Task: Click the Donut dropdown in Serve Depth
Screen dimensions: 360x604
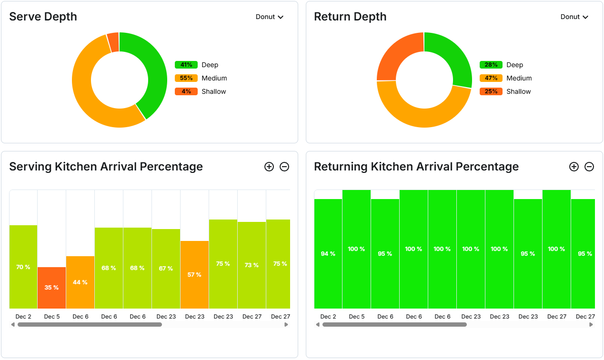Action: (270, 17)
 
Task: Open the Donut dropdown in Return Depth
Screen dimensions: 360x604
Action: (574, 17)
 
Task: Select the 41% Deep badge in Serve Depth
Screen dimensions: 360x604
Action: (186, 65)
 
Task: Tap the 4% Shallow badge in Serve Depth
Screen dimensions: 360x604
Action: (186, 91)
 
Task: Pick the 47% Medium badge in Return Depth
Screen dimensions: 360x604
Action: (491, 78)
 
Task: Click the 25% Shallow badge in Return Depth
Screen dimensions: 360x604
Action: (491, 91)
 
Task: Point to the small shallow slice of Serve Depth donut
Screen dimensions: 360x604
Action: (113, 42)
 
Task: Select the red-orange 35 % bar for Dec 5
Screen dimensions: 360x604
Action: (51, 288)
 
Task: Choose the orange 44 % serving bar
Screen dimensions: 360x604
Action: (80, 282)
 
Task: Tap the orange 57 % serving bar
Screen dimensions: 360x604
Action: (194, 274)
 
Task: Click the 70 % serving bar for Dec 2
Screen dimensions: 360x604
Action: (23, 267)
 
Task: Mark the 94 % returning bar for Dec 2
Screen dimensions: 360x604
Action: (328, 253)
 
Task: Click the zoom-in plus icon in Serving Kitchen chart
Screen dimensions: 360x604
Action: (269, 167)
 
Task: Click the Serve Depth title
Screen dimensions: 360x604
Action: (43, 17)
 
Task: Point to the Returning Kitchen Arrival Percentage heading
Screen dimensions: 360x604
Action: (416, 167)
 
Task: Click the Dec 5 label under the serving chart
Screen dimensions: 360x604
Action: (52, 317)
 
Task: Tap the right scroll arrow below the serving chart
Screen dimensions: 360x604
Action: (286, 325)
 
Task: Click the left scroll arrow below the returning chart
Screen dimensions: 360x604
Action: (318, 325)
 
